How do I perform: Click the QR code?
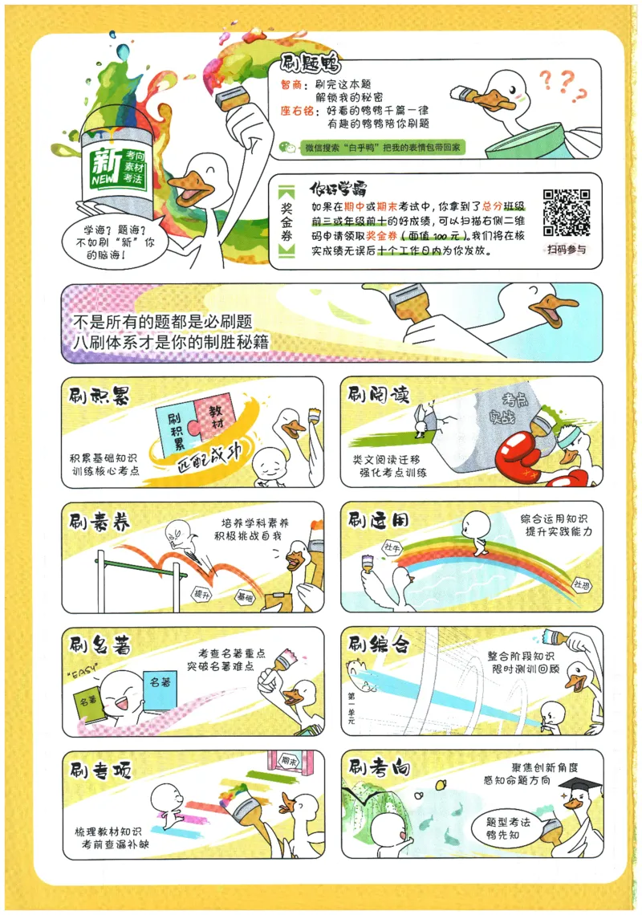pos(567,211)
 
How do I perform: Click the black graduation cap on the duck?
pos(580,783)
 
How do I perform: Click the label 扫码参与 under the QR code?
pos(567,249)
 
